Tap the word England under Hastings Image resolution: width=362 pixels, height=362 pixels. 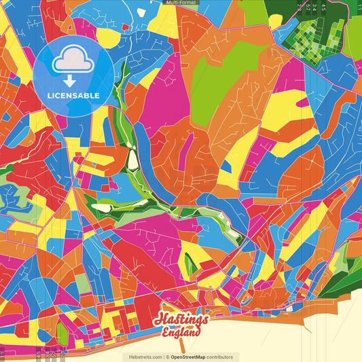[182, 333]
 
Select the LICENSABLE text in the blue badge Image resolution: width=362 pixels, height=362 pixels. [73, 95]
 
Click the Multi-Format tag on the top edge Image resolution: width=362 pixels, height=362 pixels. [181, 3]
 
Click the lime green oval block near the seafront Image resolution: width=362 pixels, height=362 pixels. [62, 333]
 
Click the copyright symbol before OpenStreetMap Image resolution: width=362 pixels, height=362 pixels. [167, 357]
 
